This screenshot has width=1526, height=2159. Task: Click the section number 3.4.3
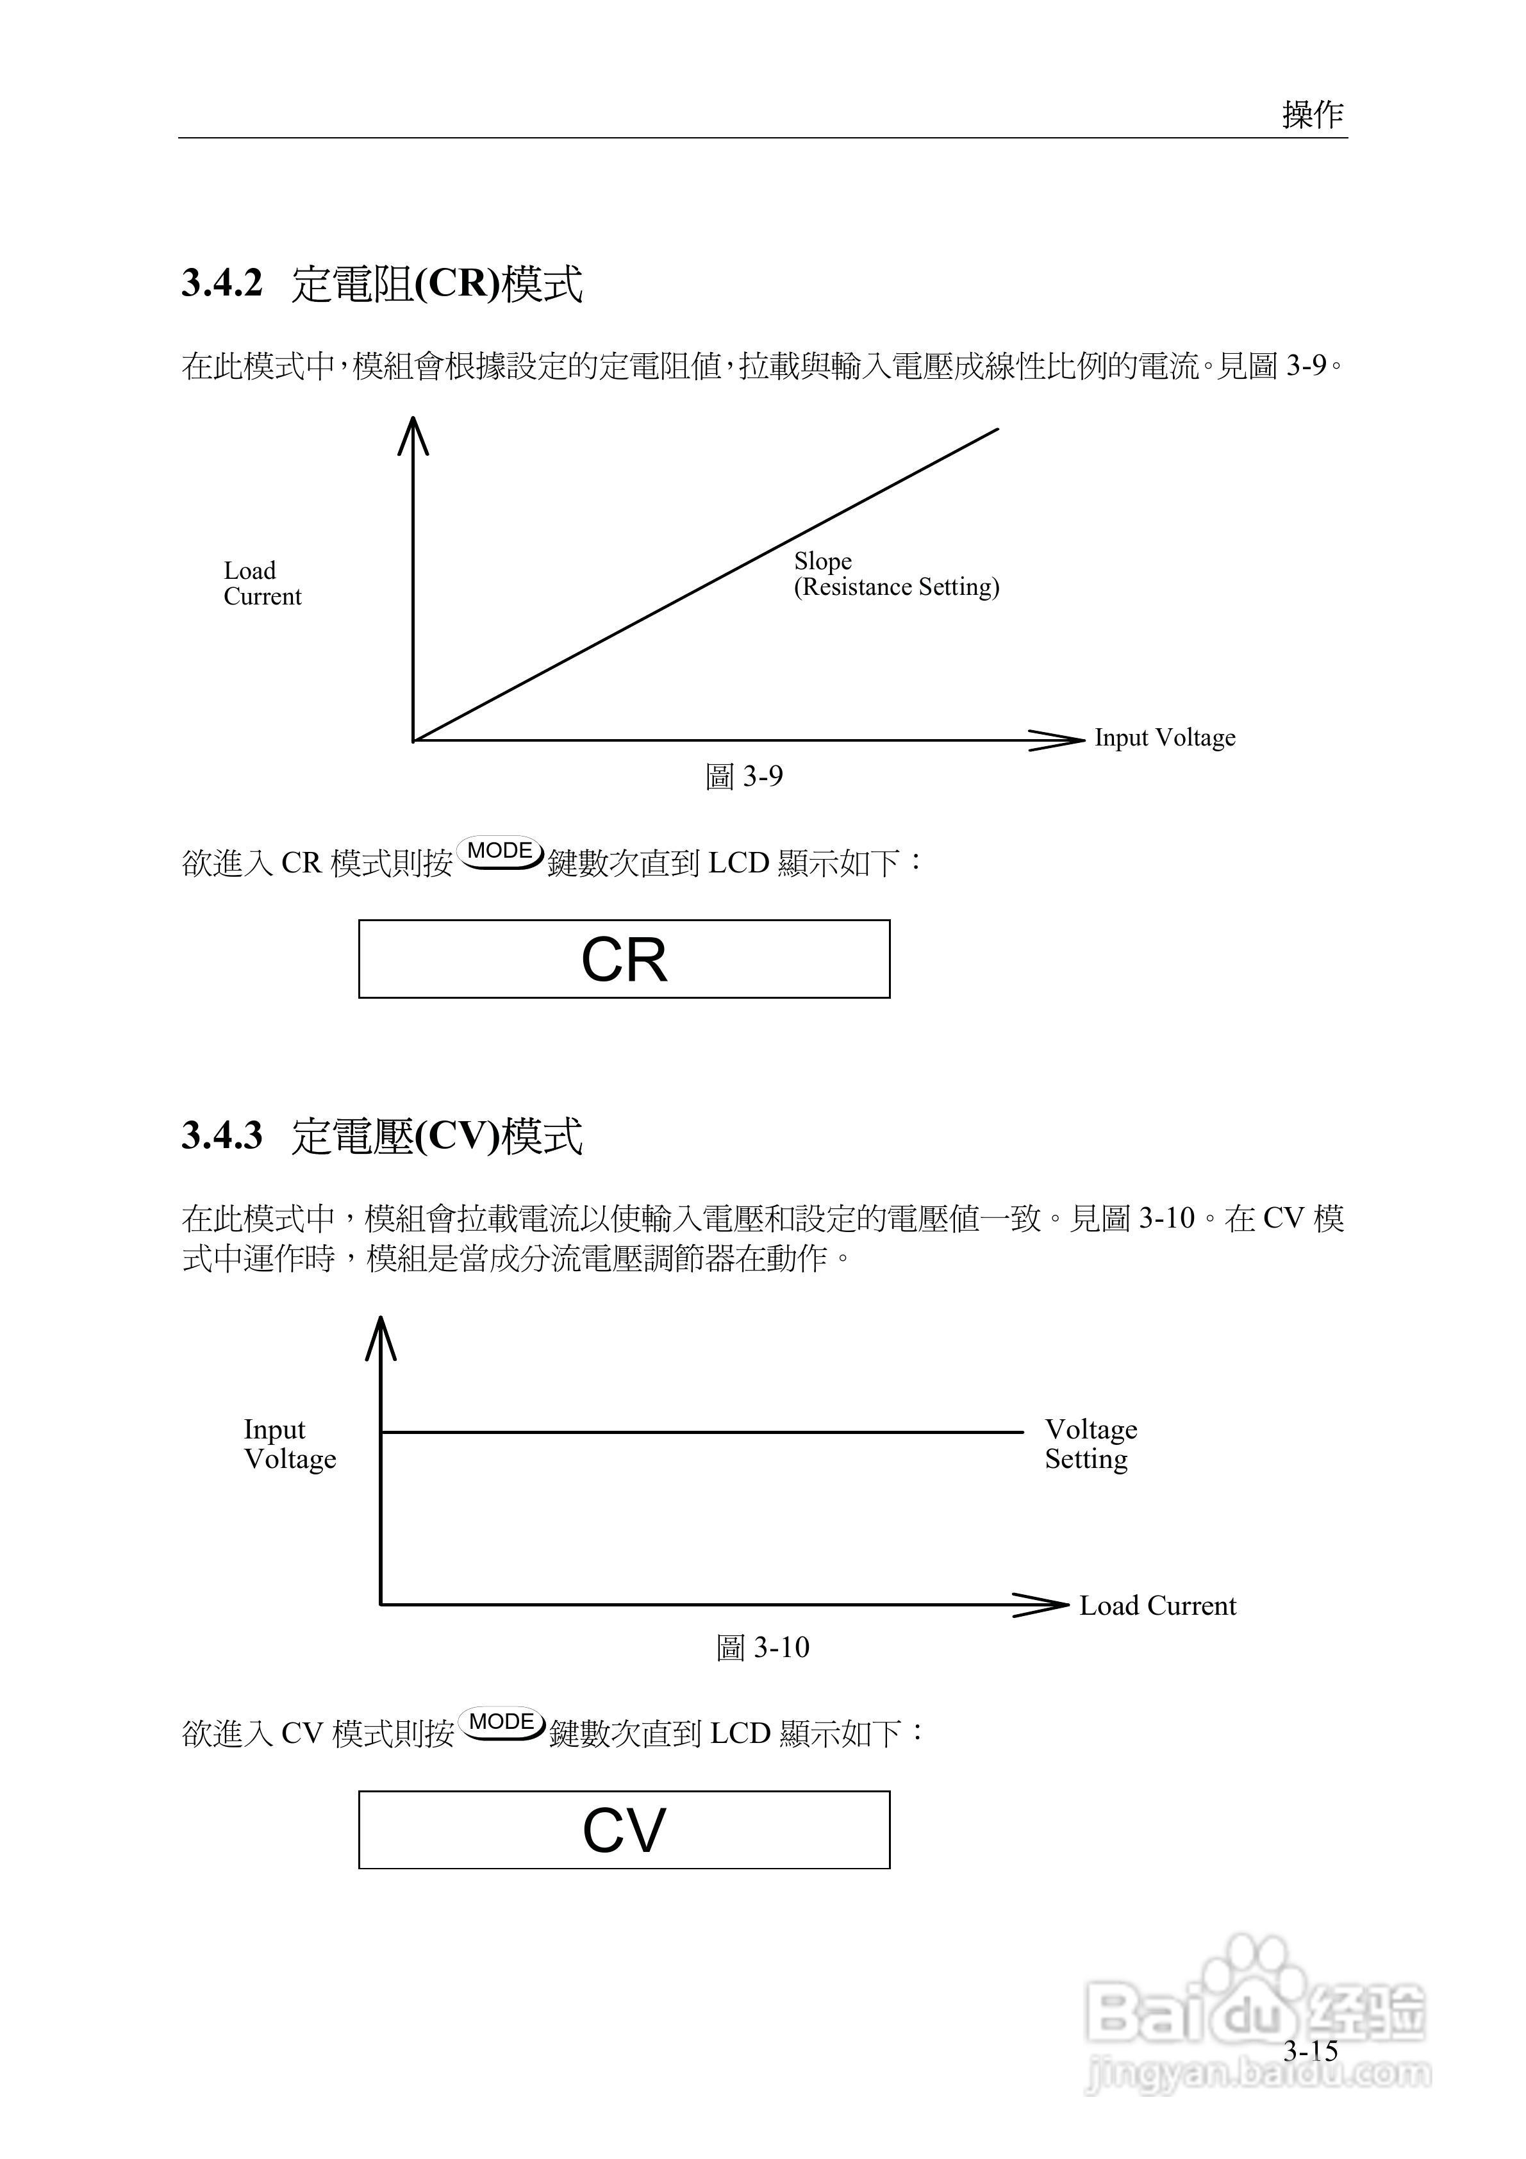[x=222, y=1135]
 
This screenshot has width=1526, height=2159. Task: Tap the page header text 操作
[x=1313, y=115]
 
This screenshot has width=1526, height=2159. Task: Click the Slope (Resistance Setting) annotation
[x=895, y=574]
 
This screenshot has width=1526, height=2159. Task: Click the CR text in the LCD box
[x=624, y=960]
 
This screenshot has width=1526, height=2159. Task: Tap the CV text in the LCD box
[x=624, y=1831]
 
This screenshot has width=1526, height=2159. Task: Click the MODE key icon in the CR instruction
[x=500, y=852]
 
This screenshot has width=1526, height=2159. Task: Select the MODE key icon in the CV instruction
[x=502, y=1722]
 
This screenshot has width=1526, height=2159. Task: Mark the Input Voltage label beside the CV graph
[x=290, y=1444]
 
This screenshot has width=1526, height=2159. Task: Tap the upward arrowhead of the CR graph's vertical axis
[x=413, y=435]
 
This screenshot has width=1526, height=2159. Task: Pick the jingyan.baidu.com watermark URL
[x=1256, y=2074]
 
